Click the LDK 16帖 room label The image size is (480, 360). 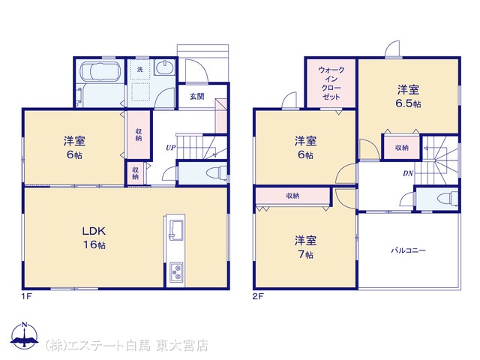[x=94, y=238]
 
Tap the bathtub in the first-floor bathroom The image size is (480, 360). [x=100, y=71]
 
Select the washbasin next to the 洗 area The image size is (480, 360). [x=165, y=67]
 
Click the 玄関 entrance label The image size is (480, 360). [x=196, y=97]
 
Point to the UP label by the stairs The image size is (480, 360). [x=170, y=148]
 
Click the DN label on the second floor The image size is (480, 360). [x=408, y=173]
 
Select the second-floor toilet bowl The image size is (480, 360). [x=447, y=199]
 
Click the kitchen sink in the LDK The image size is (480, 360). [x=176, y=230]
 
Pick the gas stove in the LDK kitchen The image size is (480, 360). [x=177, y=272]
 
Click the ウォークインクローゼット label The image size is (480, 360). [x=331, y=83]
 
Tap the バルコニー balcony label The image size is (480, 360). [x=408, y=250]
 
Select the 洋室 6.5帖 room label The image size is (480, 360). [x=408, y=97]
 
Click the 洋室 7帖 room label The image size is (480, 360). [x=305, y=247]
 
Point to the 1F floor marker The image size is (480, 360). [x=27, y=296]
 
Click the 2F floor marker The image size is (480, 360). [x=258, y=296]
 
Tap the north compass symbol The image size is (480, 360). [x=25, y=335]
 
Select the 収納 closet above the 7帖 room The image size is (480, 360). [x=292, y=196]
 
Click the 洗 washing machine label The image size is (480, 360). [x=140, y=70]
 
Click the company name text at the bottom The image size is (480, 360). [x=127, y=346]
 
